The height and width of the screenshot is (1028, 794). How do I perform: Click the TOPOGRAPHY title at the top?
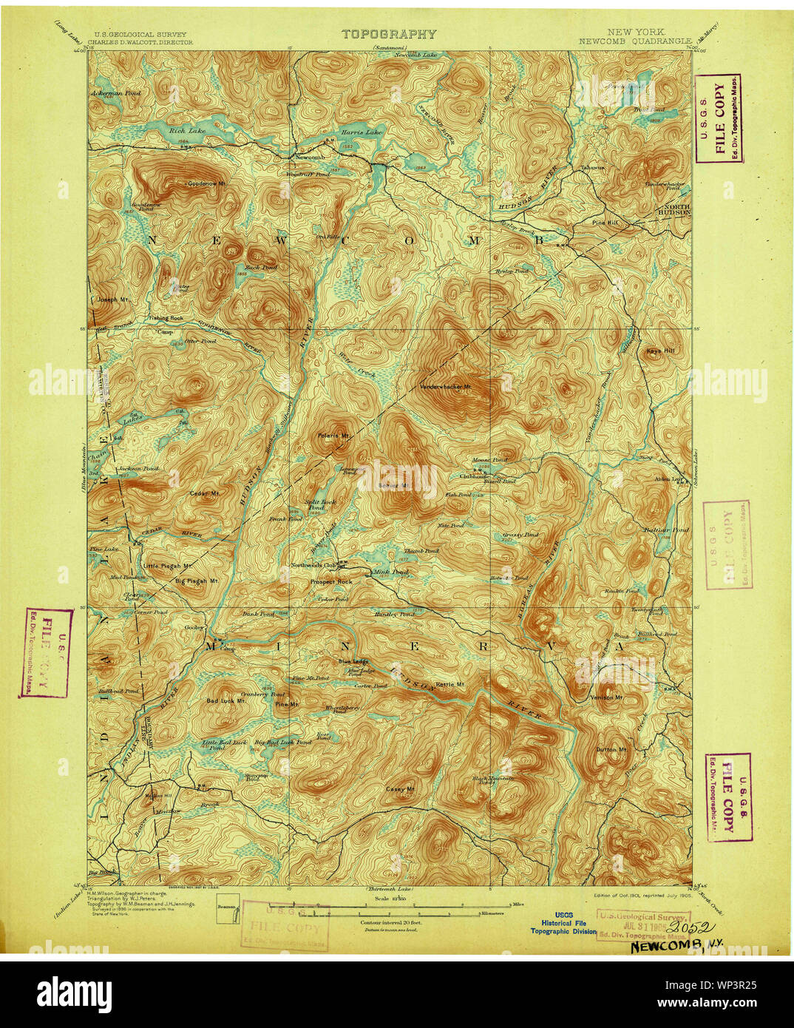(x=389, y=34)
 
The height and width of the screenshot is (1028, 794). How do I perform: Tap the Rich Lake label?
(x=181, y=131)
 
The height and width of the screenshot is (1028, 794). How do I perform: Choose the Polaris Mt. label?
(x=334, y=436)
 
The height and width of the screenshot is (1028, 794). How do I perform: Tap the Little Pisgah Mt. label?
(x=167, y=566)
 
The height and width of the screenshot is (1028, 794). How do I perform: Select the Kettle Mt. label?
(x=449, y=684)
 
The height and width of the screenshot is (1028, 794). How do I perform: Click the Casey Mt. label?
(x=399, y=790)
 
